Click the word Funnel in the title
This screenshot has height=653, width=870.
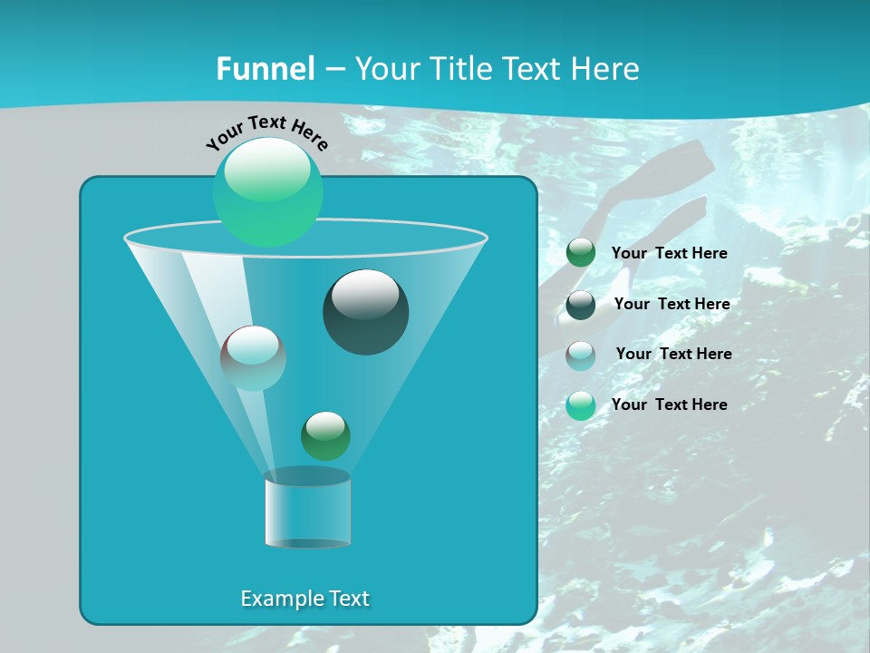coord(266,69)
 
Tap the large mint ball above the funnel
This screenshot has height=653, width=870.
coord(268,191)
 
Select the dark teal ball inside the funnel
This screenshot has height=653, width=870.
coord(366,312)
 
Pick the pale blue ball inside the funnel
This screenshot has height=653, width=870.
coord(253,357)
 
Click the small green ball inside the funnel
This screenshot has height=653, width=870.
coord(325,435)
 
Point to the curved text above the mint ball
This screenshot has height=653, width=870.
coord(267,132)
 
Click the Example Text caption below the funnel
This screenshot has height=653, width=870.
coord(304,599)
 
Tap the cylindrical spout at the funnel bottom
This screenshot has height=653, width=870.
coord(307,510)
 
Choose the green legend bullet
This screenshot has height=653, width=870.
coord(581,253)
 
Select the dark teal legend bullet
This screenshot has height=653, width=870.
coord(581,305)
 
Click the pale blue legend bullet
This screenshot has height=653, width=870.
coord(581,356)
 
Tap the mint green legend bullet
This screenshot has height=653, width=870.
coord(581,405)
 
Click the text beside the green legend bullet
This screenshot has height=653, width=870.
coord(669,254)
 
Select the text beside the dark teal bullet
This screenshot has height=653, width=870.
coord(672,305)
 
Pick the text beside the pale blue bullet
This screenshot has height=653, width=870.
coord(673,355)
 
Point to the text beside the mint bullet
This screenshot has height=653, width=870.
coord(669,404)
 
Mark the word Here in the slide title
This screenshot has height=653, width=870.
coord(605,69)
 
